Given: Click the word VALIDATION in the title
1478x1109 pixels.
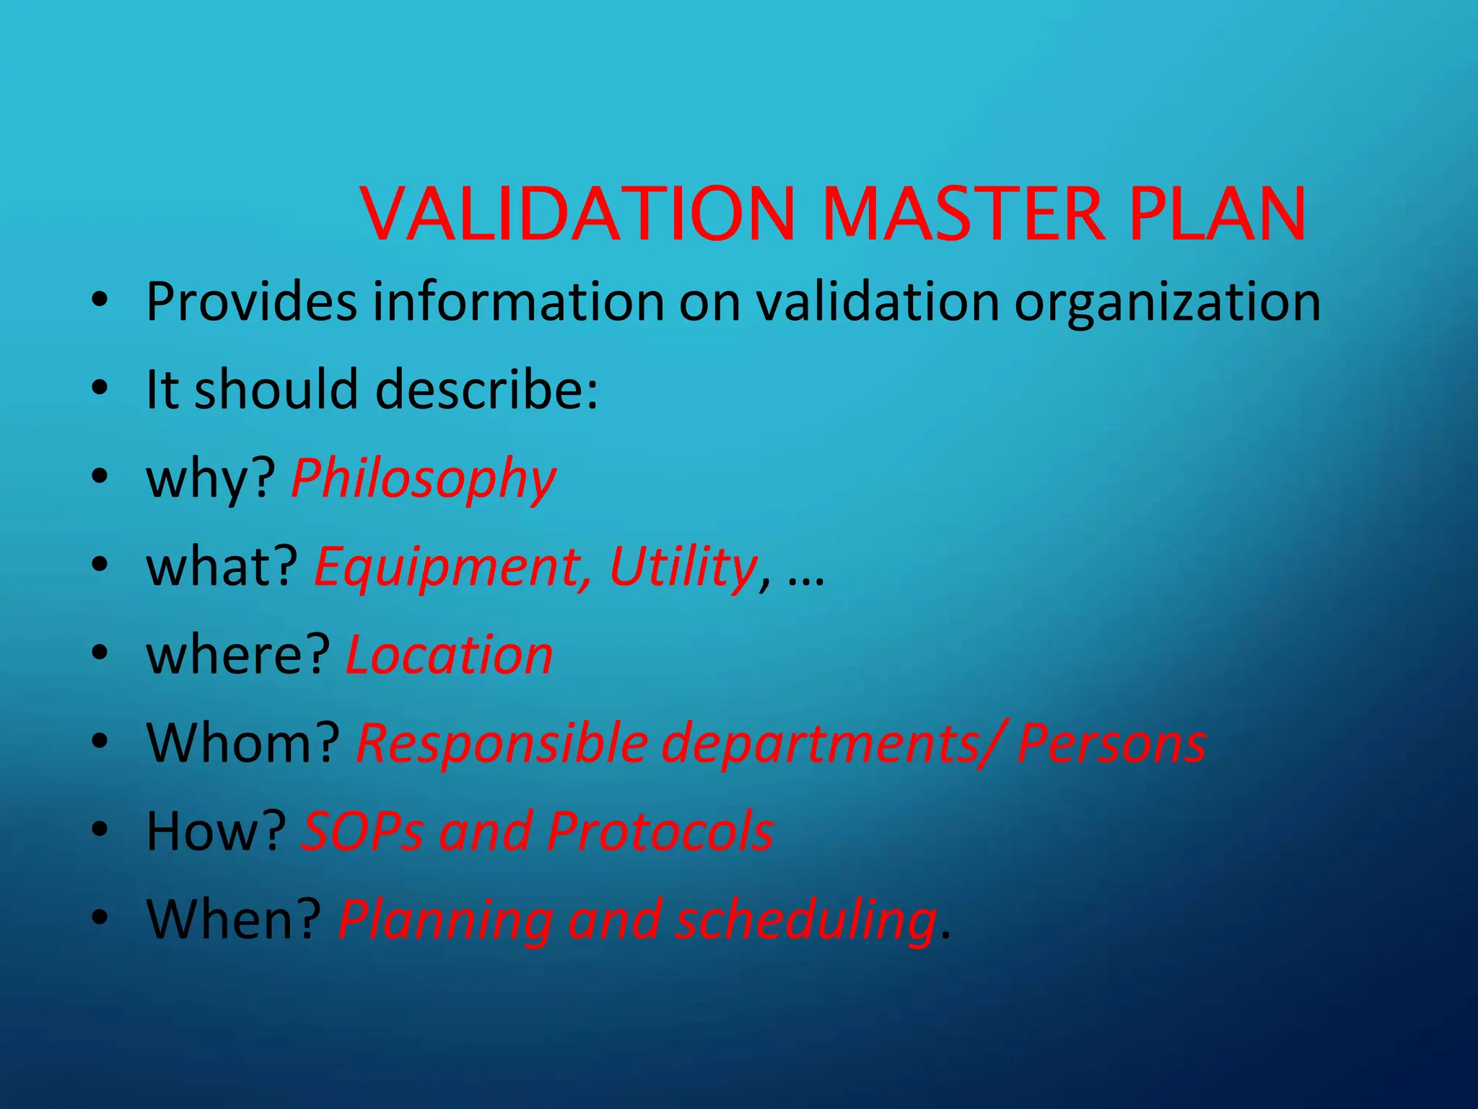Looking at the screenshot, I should [x=577, y=214].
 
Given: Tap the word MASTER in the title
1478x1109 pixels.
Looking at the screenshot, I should [x=963, y=214].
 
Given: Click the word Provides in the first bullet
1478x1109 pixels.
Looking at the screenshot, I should [x=251, y=302].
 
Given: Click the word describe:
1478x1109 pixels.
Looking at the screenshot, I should [x=487, y=390].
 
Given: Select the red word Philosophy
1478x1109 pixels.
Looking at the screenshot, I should [x=424, y=479].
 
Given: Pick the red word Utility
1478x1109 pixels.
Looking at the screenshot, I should [x=683, y=566].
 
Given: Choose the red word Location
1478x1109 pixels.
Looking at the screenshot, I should [x=450, y=655].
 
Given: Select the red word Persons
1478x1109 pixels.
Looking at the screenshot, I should [x=1111, y=743].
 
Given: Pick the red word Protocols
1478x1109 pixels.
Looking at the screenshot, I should [x=660, y=831].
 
